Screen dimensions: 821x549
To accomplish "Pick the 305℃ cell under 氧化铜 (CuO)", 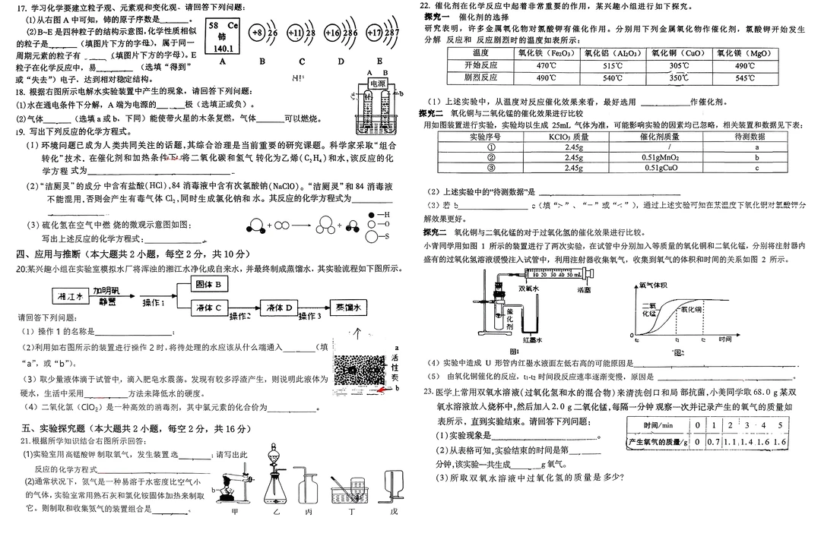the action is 679,65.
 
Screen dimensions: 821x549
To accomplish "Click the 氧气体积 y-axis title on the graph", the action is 653,286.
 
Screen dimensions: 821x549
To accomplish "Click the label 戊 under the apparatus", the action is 393,510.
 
